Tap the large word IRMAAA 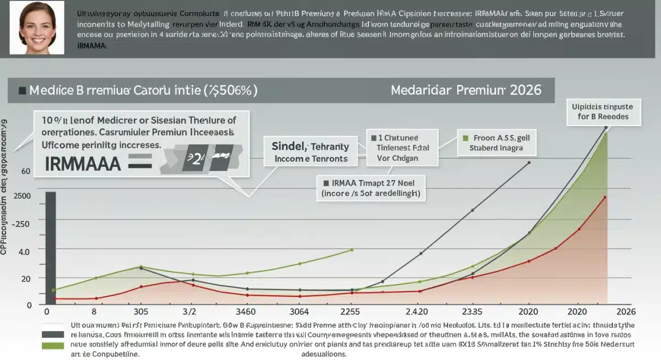click(x=83, y=163)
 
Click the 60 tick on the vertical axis click(x=25, y=172)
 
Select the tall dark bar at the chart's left click(x=50, y=248)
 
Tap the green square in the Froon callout click(x=465, y=139)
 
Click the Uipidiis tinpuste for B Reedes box click(x=602, y=112)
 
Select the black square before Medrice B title click(x=23, y=90)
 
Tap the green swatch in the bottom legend click(x=52, y=345)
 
